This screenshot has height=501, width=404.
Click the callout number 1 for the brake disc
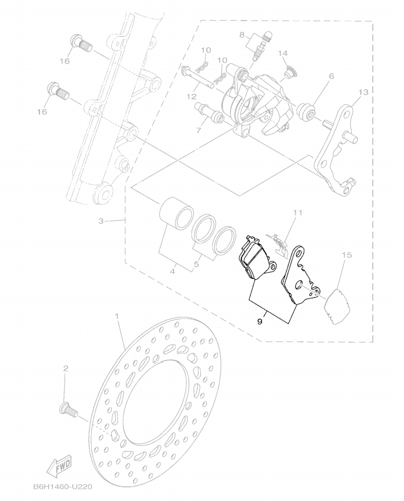(x=116, y=316)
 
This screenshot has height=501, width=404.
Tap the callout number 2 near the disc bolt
(x=66, y=369)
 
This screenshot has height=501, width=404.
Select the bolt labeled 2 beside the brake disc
(x=68, y=410)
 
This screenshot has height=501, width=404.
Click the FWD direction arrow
(x=59, y=468)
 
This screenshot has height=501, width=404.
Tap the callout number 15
(x=347, y=254)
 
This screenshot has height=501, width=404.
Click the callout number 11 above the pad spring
(x=298, y=212)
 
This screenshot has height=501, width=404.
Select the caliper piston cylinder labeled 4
(x=176, y=215)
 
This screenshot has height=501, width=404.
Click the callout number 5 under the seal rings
(x=196, y=264)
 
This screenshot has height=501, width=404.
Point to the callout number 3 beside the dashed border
(x=101, y=221)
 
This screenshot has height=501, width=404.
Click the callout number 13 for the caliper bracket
(x=363, y=92)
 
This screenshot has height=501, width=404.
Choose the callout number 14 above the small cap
(x=283, y=53)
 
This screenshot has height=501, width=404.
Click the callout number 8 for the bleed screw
(x=242, y=34)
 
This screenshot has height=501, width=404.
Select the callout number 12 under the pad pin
(x=192, y=96)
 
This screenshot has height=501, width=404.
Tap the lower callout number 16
(x=42, y=112)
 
